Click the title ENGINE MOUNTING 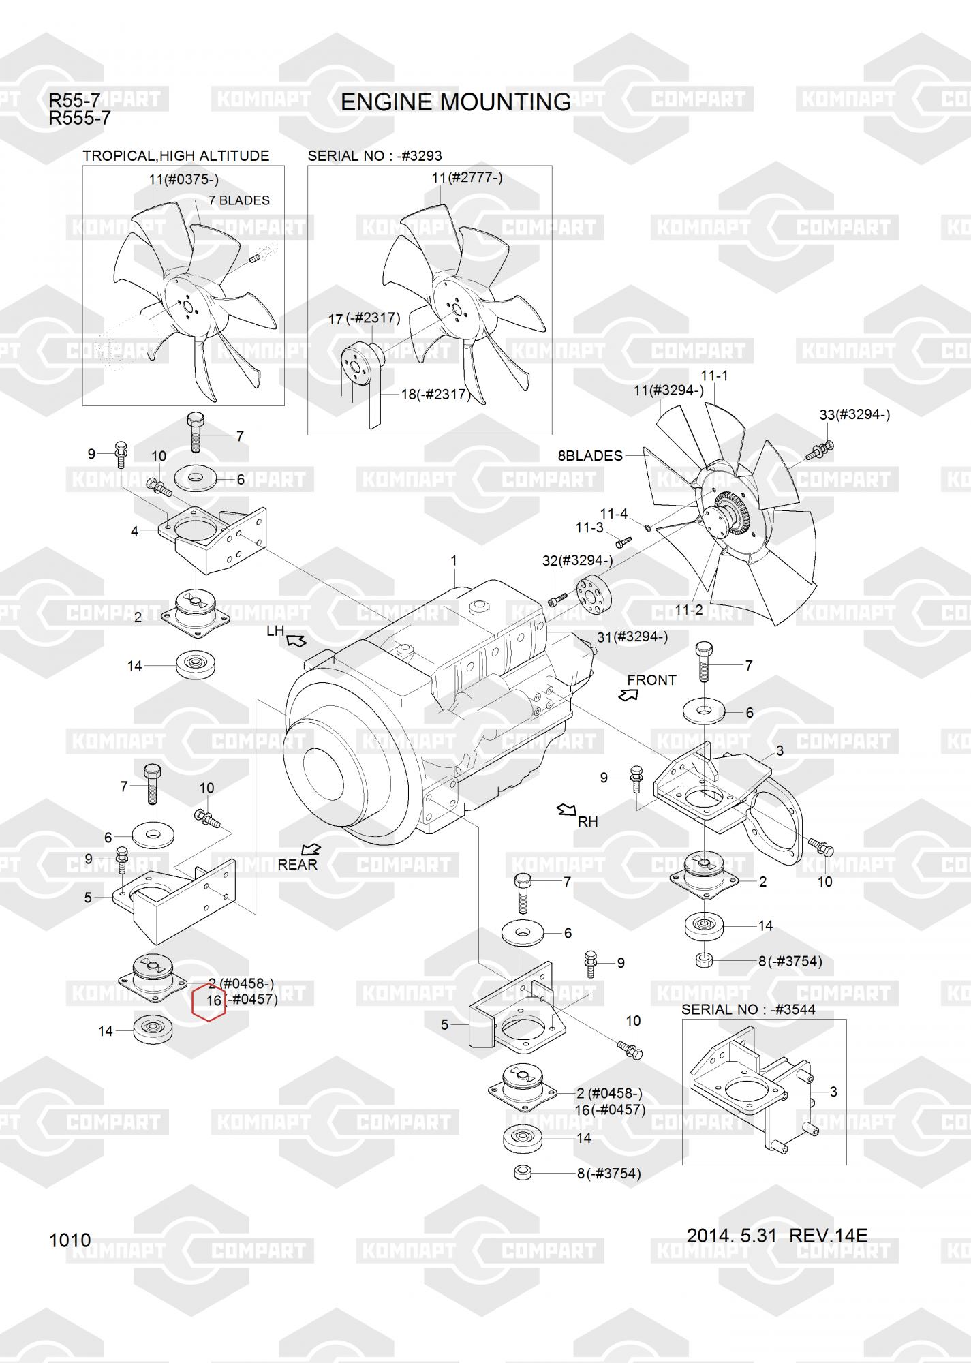[x=455, y=102]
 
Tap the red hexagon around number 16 [x=209, y=1001]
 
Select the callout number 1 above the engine [x=454, y=561]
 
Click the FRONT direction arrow [x=628, y=694]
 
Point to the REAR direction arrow [x=311, y=849]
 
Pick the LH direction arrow [x=296, y=641]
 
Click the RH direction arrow [x=566, y=810]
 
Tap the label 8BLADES [x=590, y=455]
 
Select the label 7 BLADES [x=239, y=200]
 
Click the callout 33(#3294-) [x=854, y=414]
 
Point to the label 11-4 [x=613, y=514]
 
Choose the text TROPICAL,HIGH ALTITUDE [x=176, y=156]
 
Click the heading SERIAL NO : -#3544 [x=748, y=1009]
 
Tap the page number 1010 [x=70, y=1240]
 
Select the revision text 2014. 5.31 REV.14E [x=777, y=1235]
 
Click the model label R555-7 [x=79, y=119]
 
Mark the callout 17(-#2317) [x=364, y=318]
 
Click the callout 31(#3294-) [x=632, y=637]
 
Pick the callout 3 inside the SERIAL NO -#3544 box [x=833, y=1092]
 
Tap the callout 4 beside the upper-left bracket [x=134, y=531]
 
